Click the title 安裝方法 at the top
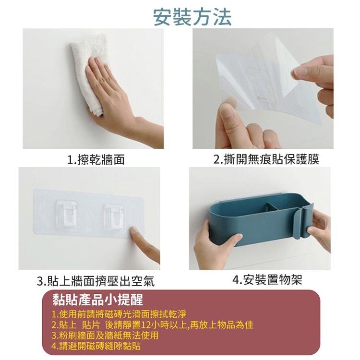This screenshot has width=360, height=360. pos(192,16)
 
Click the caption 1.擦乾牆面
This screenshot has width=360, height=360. pos(96,160)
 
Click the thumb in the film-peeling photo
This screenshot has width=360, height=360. pos(228,115)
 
